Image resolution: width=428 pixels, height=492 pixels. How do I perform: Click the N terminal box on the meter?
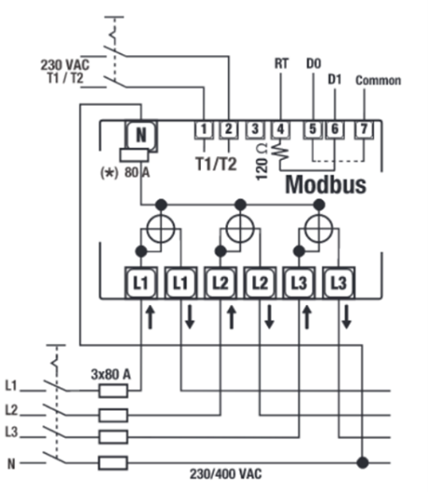pos(141,135)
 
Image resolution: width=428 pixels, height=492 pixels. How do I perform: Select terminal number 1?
pos(204,129)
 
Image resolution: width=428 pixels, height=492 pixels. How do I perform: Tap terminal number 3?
pos(255,129)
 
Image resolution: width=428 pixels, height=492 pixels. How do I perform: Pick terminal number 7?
pos(364,129)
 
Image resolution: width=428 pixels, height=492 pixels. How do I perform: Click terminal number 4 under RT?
pos(280,129)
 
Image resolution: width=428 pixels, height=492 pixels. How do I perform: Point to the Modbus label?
pos(325,184)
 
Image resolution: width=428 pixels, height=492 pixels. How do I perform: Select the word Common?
pos(378,80)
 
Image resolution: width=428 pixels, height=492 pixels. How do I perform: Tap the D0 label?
pos(314,64)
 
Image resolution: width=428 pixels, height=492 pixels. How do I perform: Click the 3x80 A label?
pos(110,374)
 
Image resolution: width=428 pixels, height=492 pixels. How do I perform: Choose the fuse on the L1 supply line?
pos(113,391)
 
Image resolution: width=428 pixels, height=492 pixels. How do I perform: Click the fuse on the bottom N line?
pos(113,463)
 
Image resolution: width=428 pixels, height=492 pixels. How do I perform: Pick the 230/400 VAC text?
pos(226,474)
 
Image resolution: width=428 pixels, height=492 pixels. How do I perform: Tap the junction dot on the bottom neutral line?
pos(363,463)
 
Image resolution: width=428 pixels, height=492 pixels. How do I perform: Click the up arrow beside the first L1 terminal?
pos(150,317)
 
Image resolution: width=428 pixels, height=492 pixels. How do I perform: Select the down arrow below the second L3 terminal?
pos(347,317)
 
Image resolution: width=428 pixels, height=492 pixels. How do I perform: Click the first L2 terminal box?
pos(221,283)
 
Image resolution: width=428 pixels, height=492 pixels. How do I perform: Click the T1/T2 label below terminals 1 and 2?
pos(217,164)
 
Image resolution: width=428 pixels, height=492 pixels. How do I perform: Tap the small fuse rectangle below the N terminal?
pos(135,155)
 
